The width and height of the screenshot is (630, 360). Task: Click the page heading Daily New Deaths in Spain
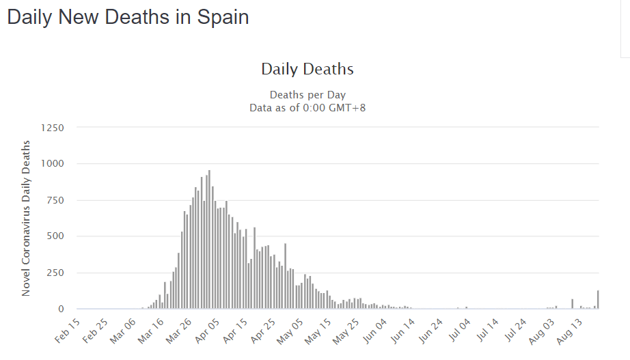pos(128,18)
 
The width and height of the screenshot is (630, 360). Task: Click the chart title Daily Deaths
pos(307,69)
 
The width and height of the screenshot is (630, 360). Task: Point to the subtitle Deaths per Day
pos(307,95)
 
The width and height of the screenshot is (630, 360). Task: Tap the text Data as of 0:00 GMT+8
pos(307,107)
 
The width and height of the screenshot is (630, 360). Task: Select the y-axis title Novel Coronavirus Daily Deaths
pos(26,218)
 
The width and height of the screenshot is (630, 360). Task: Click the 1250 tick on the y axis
pos(53,128)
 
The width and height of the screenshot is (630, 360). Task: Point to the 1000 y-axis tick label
pos(53,164)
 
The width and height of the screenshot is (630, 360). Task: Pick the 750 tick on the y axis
pos(55,200)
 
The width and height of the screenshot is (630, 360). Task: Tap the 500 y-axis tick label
pos(55,236)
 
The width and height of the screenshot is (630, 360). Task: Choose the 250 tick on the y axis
pos(55,273)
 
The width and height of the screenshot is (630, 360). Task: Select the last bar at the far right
pos(598,300)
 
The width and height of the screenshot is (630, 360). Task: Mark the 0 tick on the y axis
pos(61,309)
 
